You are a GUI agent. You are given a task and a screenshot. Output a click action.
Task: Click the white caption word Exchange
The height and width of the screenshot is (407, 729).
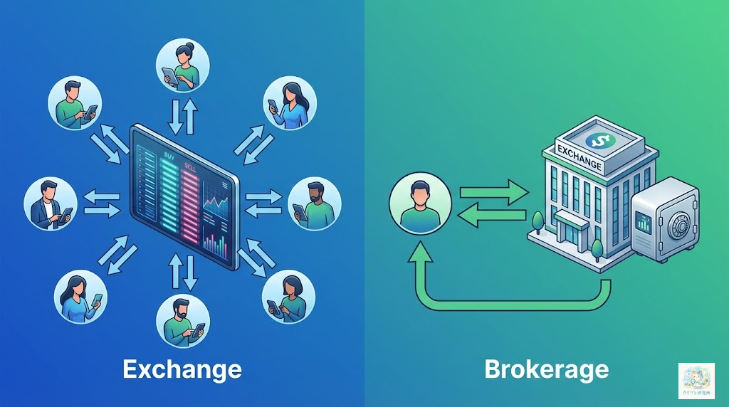tap(182, 369)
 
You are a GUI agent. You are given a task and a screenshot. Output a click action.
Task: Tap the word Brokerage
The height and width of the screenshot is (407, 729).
tap(546, 369)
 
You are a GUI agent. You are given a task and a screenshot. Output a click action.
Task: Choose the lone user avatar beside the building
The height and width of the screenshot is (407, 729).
tap(421, 202)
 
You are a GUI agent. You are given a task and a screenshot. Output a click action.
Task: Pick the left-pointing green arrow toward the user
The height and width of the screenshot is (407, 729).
tap(492, 216)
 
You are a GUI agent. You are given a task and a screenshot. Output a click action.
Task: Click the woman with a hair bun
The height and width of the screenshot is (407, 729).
tap(182, 63)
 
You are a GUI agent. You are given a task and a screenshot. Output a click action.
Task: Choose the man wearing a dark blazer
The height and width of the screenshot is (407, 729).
tap(51, 203)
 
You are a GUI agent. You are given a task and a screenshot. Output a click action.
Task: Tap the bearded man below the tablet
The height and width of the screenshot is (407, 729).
tap(182, 321)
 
